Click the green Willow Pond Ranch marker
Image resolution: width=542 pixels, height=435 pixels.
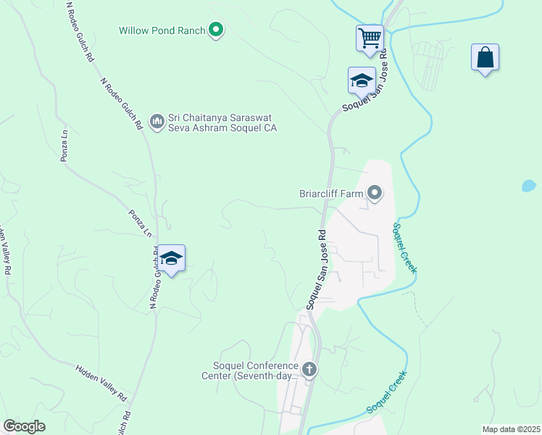(x=215, y=30)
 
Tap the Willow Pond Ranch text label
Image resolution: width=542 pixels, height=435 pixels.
(x=162, y=30)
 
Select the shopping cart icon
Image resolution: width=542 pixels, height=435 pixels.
(x=370, y=37)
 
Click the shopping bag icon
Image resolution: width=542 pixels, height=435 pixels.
(x=485, y=57)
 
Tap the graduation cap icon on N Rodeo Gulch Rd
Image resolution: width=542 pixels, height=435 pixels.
(x=172, y=258)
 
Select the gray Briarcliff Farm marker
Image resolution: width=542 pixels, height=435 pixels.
(x=375, y=193)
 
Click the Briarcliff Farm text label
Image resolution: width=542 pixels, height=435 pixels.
(x=331, y=194)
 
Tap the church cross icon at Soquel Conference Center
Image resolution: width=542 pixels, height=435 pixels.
(x=309, y=370)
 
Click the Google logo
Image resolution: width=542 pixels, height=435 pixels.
(x=24, y=426)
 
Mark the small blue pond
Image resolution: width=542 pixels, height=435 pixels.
(x=529, y=185)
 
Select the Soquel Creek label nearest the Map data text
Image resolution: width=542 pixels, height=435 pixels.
(x=387, y=392)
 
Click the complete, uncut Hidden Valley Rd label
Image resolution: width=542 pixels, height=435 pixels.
(x=101, y=384)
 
